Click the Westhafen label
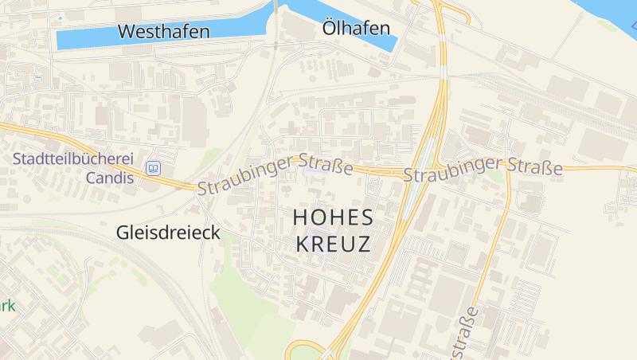point(163,32)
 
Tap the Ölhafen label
point(357,29)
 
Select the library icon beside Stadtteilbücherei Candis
point(153,168)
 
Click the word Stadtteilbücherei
point(72,158)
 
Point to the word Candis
point(110,177)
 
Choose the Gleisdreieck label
point(168,233)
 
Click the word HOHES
point(333,217)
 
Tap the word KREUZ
point(333,244)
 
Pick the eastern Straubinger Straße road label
point(483,168)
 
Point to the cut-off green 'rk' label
point(7,305)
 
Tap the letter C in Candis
point(92,177)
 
